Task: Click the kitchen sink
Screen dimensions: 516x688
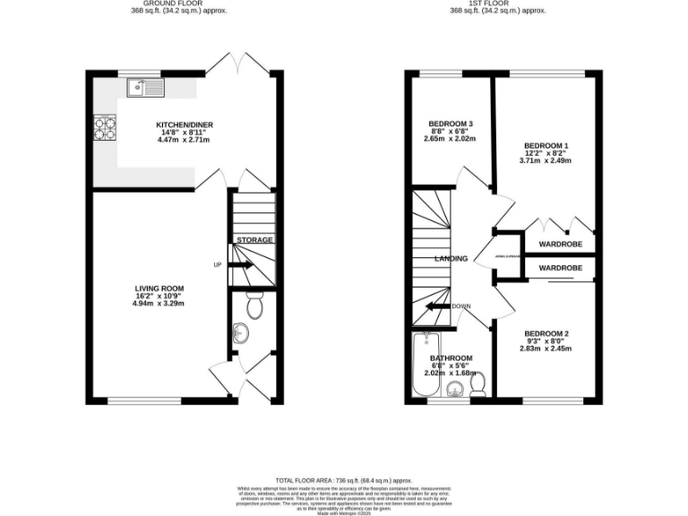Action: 145,87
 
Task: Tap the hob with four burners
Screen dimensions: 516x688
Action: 106,130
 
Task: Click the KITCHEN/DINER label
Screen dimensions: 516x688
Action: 185,125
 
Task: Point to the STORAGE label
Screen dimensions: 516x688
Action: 254,240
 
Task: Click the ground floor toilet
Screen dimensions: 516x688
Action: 254,307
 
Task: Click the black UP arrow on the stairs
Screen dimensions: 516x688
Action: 241,265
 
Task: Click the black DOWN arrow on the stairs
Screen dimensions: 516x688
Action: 437,306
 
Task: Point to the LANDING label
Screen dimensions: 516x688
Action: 451,259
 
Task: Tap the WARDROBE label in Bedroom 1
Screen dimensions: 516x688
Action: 560,244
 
